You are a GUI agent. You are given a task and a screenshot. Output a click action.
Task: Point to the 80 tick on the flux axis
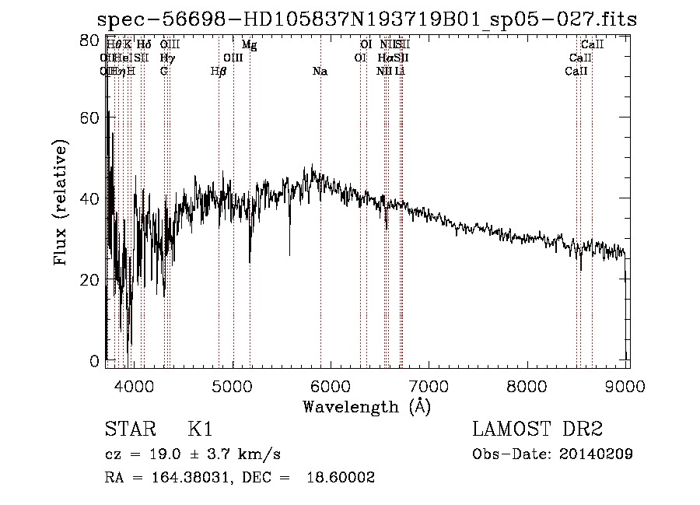click(91, 40)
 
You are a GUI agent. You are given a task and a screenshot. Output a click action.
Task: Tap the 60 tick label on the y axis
click(91, 117)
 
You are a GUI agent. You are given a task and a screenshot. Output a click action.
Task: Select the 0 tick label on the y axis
click(95, 361)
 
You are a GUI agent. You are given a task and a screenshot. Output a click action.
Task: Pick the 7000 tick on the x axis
click(429, 385)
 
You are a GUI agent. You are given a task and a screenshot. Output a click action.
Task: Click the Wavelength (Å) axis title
click(366, 406)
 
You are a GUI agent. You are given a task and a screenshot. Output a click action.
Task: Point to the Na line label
click(320, 72)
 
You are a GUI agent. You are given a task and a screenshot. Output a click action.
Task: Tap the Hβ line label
click(219, 72)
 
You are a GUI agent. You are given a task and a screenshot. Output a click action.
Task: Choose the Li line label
click(399, 72)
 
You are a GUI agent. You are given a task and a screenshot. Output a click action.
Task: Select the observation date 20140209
click(595, 454)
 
